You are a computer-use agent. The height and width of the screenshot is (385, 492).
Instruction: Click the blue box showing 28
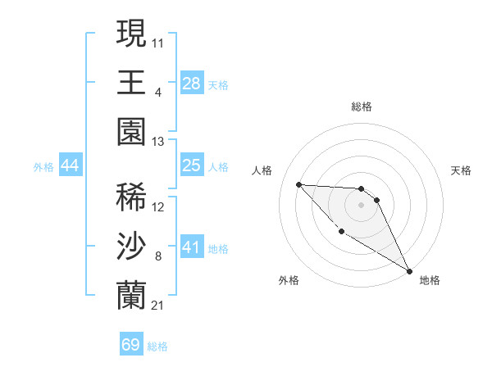192,84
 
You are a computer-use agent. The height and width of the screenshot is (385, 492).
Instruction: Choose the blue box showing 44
71,166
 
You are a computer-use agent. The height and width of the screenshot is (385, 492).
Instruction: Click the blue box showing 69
131,345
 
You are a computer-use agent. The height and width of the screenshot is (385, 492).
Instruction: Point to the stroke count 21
158,306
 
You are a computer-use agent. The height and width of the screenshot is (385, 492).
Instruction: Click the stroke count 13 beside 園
158,141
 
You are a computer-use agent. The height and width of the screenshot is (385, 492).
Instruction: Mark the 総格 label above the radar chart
362,106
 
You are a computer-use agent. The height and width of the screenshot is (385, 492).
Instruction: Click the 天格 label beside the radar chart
461,170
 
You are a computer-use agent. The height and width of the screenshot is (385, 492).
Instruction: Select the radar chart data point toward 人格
298,184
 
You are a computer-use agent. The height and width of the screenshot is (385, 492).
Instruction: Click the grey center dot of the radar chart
361,205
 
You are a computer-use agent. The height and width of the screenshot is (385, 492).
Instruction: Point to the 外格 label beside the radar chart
288,280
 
